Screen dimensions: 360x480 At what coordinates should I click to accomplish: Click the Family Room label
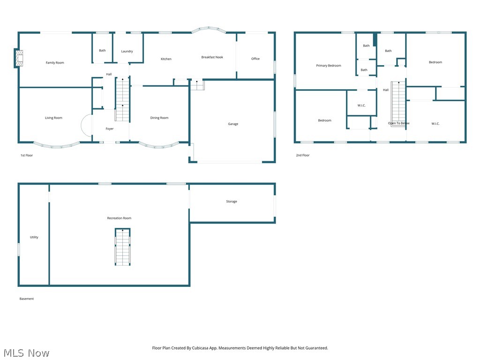point(55,63)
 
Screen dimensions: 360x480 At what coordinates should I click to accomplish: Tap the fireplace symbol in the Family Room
point(18,58)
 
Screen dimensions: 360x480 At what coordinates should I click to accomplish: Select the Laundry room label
point(127,52)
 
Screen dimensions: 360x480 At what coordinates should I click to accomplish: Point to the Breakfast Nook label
point(212,57)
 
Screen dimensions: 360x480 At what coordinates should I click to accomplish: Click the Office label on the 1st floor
point(255,59)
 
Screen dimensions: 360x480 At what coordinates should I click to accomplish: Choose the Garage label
point(233,124)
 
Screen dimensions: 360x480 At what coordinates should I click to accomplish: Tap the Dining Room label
point(159,118)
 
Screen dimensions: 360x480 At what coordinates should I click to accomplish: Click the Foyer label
point(110,129)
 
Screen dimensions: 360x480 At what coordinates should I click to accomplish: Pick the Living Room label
point(53,118)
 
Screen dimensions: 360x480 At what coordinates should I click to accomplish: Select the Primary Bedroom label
point(329,66)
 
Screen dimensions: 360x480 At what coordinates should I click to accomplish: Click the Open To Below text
point(399,123)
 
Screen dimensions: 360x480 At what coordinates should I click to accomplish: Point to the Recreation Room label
point(119,218)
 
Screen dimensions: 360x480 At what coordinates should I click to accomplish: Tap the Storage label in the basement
point(232,202)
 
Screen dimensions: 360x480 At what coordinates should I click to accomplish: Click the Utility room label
point(34,238)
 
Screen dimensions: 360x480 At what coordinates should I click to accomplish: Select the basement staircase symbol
point(123,247)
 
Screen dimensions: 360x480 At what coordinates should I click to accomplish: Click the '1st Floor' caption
point(27,155)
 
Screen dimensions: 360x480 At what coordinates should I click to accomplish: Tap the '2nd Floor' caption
point(303,155)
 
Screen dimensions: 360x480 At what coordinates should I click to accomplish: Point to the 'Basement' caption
point(27,299)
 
